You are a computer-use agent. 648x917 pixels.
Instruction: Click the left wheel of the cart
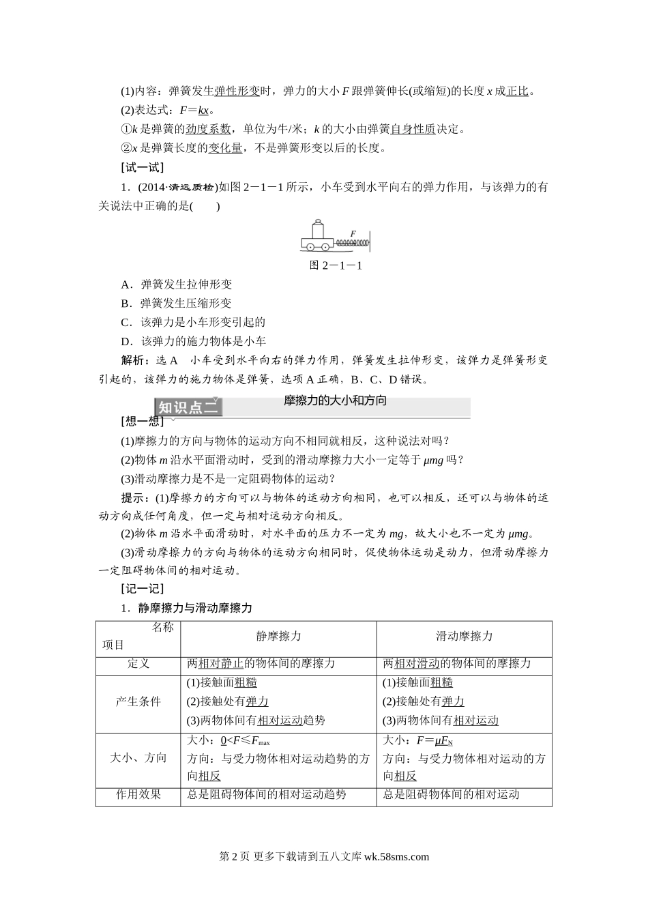(310, 246)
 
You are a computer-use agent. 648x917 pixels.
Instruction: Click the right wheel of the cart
(325, 246)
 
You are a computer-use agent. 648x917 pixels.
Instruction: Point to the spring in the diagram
(352, 242)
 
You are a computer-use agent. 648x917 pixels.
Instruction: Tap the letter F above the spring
(353, 233)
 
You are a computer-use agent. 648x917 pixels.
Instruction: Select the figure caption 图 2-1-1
(336, 265)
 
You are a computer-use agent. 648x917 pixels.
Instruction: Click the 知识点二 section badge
(188, 407)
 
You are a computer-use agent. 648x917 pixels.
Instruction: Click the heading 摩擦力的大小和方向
(335, 401)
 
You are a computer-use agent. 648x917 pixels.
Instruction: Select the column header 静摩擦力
(278, 636)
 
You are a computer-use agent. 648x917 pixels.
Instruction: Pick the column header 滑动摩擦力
(464, 636)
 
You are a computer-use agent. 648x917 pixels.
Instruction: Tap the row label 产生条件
(138, 701)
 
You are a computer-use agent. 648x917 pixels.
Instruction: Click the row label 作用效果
(138, 794)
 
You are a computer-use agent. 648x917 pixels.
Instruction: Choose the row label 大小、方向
(138, 757)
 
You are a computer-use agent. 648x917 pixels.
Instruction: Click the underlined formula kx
(203, 110)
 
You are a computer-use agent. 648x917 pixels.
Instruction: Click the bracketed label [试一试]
(141, 167)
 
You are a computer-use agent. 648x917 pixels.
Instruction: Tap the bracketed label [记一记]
(141, 588)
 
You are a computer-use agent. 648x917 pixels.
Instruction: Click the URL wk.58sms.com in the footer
(396, 858)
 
